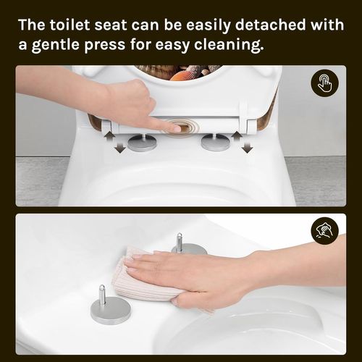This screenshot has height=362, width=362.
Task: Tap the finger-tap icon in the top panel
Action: click(324, 84)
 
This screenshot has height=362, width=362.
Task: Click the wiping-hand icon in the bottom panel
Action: click(324, 232)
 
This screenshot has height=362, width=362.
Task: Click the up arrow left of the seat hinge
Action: click(106, 136)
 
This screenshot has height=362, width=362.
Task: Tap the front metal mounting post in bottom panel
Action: click(110, 308)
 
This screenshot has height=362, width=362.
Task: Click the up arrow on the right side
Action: click(235, 136)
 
